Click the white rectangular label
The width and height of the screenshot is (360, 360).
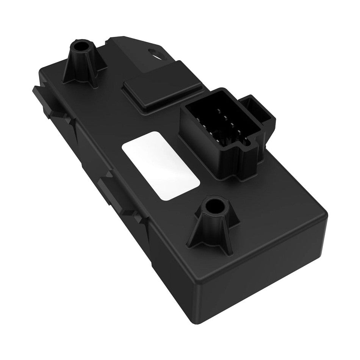pos(161,165)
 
